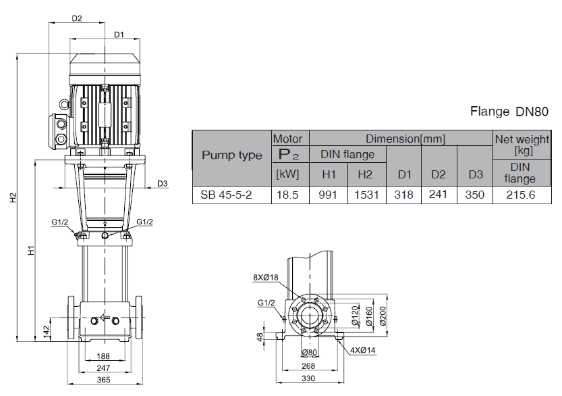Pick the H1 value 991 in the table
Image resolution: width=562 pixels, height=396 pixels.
click(x=328, y=195)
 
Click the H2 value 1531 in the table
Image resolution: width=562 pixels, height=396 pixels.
click(x=365, y=195)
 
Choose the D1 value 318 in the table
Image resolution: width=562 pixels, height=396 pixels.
click(x=404, y=195)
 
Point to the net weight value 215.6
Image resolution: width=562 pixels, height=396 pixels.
click(x=519, y=195)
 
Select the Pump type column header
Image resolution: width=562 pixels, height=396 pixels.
click(x=231, y=155)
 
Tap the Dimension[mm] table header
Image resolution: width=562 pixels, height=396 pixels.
click(x=405, y=139)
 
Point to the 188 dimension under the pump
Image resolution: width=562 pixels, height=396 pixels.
click(x=103, y=356)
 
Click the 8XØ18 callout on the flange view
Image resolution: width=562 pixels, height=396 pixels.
click(x=266, y=277)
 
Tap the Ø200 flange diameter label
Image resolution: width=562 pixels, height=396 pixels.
click(x=383, y=315)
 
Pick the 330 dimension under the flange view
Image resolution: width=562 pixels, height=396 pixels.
click(x=308, y=378)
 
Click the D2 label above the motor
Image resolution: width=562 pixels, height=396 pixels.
click(x=77, y=18)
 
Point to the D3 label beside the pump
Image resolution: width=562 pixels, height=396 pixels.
click(x=162, y=183)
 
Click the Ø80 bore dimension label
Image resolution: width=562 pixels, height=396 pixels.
click(x=310, y=353)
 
